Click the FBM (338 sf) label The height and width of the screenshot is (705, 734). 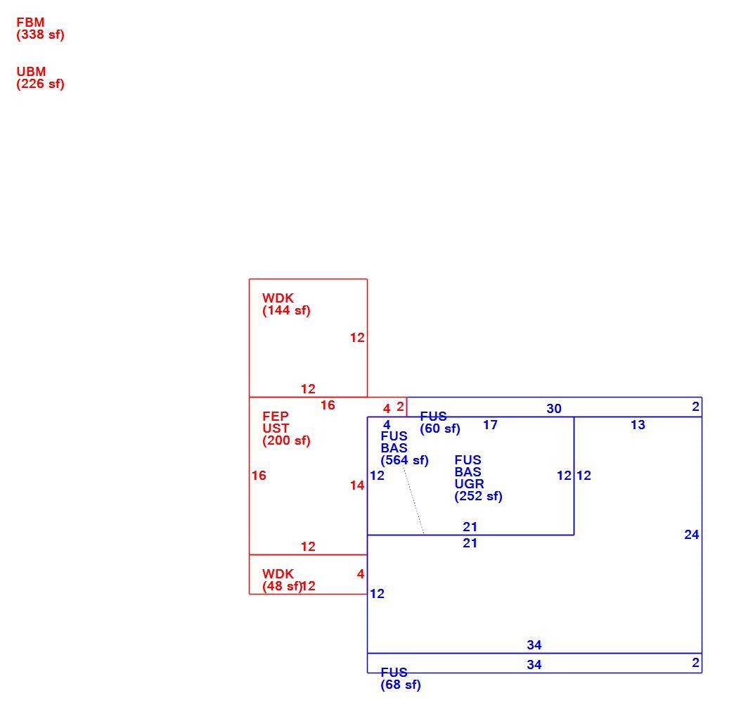(40, 29)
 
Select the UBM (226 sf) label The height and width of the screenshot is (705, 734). (40, 78)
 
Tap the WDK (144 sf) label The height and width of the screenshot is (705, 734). (286, 305)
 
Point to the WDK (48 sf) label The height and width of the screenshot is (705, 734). (282, 580)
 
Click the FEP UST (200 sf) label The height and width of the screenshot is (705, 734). (286, 428)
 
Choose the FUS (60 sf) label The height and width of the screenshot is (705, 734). (440, 423)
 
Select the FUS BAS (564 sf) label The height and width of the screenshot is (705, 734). (404, 448)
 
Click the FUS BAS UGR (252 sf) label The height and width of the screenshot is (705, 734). (478, 478)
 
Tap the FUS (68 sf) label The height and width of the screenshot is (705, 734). (401, 679)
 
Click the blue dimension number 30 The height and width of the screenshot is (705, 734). (554, 409)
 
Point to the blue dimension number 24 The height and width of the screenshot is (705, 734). (691, 535)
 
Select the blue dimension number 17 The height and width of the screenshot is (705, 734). (490, 425)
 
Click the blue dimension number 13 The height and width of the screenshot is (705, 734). (638, 425)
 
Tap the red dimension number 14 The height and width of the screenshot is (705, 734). (357, 485)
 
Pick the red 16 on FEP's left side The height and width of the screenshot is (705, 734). (259, 476)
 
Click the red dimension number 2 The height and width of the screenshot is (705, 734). (400, 407)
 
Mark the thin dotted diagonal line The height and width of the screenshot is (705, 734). (414, 500)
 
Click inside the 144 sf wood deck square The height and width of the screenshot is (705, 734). (308, 347)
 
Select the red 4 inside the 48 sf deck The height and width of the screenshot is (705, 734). (361, 574)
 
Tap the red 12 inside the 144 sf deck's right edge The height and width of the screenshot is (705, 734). (357, 338)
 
